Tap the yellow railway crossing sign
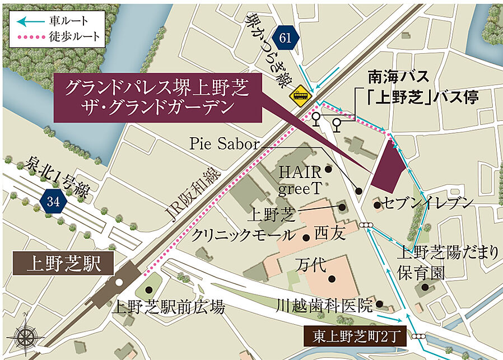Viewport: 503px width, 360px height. click(301, 96)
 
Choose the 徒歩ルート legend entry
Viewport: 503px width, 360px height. click(56, 36)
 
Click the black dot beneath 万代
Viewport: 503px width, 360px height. click(332, 278)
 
